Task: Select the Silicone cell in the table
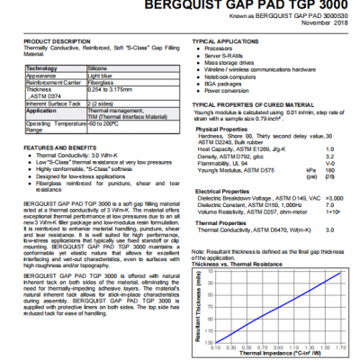pyautogui.click(x=99, y=68)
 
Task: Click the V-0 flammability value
pyautogui.click(x=329, y=163)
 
